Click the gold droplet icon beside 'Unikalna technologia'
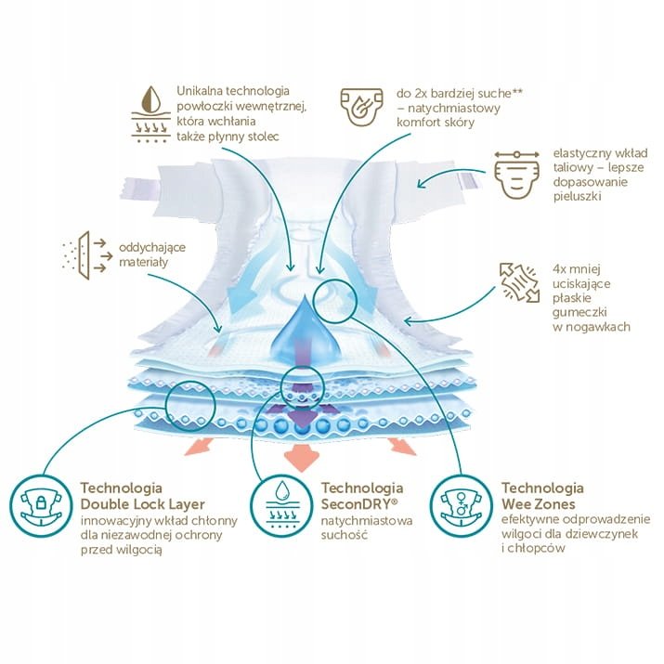click(x=150, y=114)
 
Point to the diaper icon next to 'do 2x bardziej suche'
click(x=362, y=107)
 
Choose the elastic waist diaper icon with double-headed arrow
click(x=516, y=174)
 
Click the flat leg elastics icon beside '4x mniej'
click(x=520, y=283)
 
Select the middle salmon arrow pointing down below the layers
click(x=301, y=457)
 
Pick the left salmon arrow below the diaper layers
click(x=199, y=446)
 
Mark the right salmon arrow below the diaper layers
click(x=403, y=446)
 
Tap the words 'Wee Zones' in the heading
click(x=539, y=504)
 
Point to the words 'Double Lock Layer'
click(x=143, y=504)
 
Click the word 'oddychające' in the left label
click(x=152, y=248)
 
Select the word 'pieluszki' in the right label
click(x=578, y=197)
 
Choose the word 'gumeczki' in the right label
click(x=579, y=313)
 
